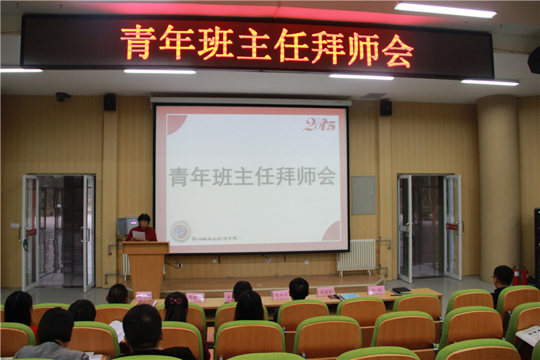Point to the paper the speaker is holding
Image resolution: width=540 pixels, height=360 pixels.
click(139, 235)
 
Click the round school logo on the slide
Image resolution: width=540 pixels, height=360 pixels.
click(180, 230)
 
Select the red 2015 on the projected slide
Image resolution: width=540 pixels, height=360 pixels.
click(319, 124)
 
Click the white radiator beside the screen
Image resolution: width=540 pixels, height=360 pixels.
click(356, 256)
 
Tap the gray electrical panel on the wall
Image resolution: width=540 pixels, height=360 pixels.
click(363, 195)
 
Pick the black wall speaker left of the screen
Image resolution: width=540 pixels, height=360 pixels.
click(109, 102)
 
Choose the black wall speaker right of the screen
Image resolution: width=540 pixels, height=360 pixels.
click(385, 107)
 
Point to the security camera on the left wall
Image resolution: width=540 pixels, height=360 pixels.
click(62, 97)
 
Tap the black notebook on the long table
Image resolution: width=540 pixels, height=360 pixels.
click(401, 291)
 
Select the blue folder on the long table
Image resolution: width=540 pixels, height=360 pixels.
click(348, 296)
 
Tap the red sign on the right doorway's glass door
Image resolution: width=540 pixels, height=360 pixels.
click(451, 226)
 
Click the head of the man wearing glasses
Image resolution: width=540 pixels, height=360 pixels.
click(502, 276)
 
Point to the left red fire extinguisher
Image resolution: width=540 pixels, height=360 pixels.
click(516, 275)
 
